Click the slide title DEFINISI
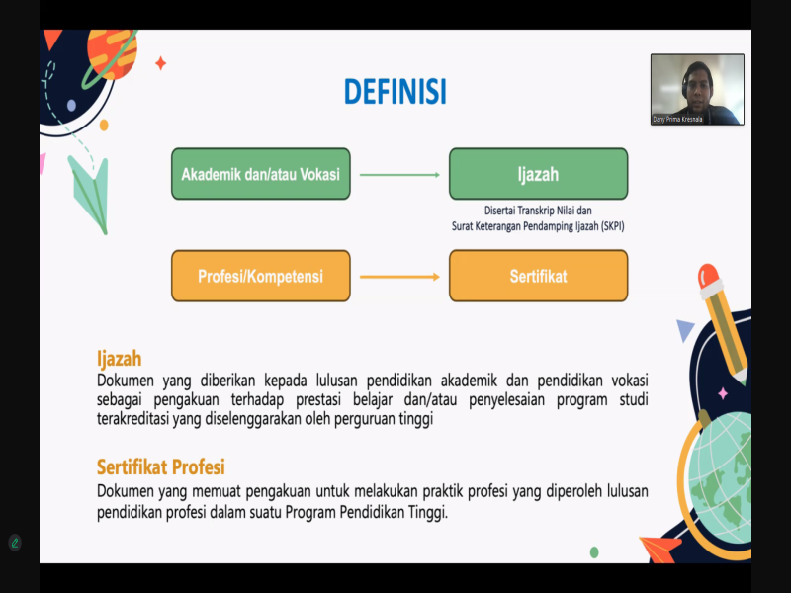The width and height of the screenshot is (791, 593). click(x=395, y=91)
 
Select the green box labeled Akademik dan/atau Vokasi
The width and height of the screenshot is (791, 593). click(x=261, y=174)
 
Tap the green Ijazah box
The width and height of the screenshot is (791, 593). click(x=538, y=174)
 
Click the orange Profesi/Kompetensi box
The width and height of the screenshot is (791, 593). click(x=261, y=276)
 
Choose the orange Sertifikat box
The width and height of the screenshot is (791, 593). click(x=538, y=276)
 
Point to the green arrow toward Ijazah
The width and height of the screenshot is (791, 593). click(x=399, y=175)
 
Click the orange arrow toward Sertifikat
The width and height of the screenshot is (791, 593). click(x=399, y=277)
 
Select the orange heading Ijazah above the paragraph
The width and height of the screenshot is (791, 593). click(x=119, y=359)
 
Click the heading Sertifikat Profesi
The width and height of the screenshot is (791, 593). click(x=160, y=466)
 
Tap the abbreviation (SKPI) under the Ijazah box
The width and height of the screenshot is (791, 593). click(x=612, y=226)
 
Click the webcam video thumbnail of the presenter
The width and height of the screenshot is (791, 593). click(x=697, y=89)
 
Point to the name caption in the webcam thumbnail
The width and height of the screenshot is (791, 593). click(x=677, y=120)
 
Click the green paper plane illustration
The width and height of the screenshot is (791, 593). click(x=90, y=194)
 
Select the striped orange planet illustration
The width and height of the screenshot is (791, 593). click(x=112, y=53)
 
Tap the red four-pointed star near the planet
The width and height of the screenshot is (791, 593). click(x=161, y=63)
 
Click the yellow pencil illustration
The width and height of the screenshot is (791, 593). click(x=723, y=323)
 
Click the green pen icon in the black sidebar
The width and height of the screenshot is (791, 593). click(x=15, y=543)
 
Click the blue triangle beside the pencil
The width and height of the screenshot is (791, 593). click(x=685, y=330)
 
